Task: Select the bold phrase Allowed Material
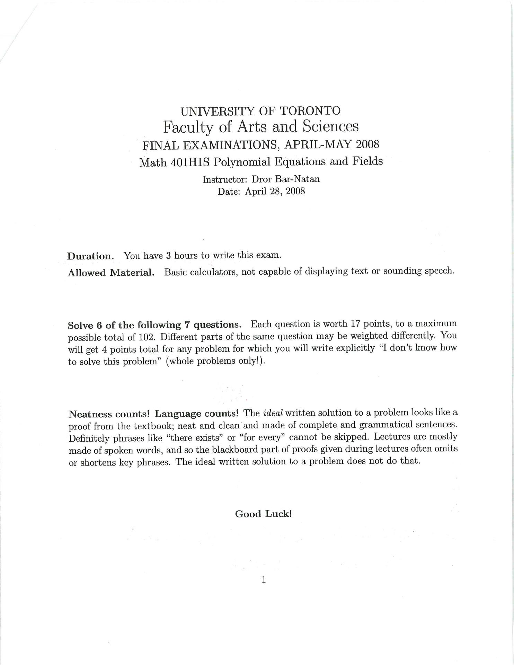click(x=111, y=273)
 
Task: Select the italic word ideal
click(x=273, y=413)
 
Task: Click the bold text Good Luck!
click(x=264, y=514)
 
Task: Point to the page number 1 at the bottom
click(x=264, y=579)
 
